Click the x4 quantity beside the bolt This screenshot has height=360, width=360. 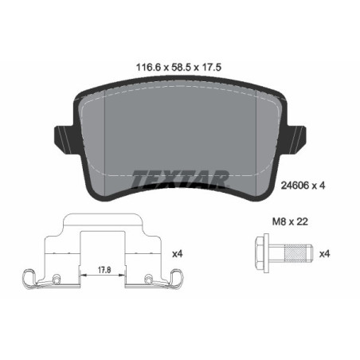[323, 255]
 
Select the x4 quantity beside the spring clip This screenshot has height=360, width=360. [177, 255]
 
